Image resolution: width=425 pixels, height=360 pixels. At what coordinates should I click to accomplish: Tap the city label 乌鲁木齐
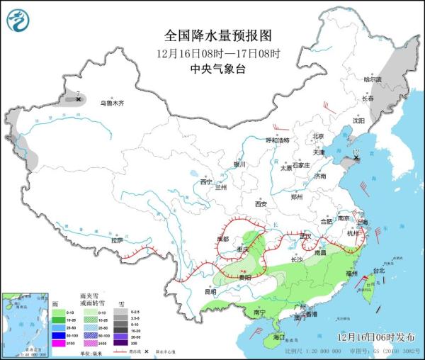[111, 103]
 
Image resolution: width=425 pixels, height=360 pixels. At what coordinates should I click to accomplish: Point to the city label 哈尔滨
[372, 79]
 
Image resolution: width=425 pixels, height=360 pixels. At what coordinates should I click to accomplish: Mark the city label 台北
[378, 271]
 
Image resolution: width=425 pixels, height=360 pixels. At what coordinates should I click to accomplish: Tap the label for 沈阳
[368, 120]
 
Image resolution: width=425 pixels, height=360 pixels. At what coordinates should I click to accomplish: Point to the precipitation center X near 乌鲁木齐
[78, 100]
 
